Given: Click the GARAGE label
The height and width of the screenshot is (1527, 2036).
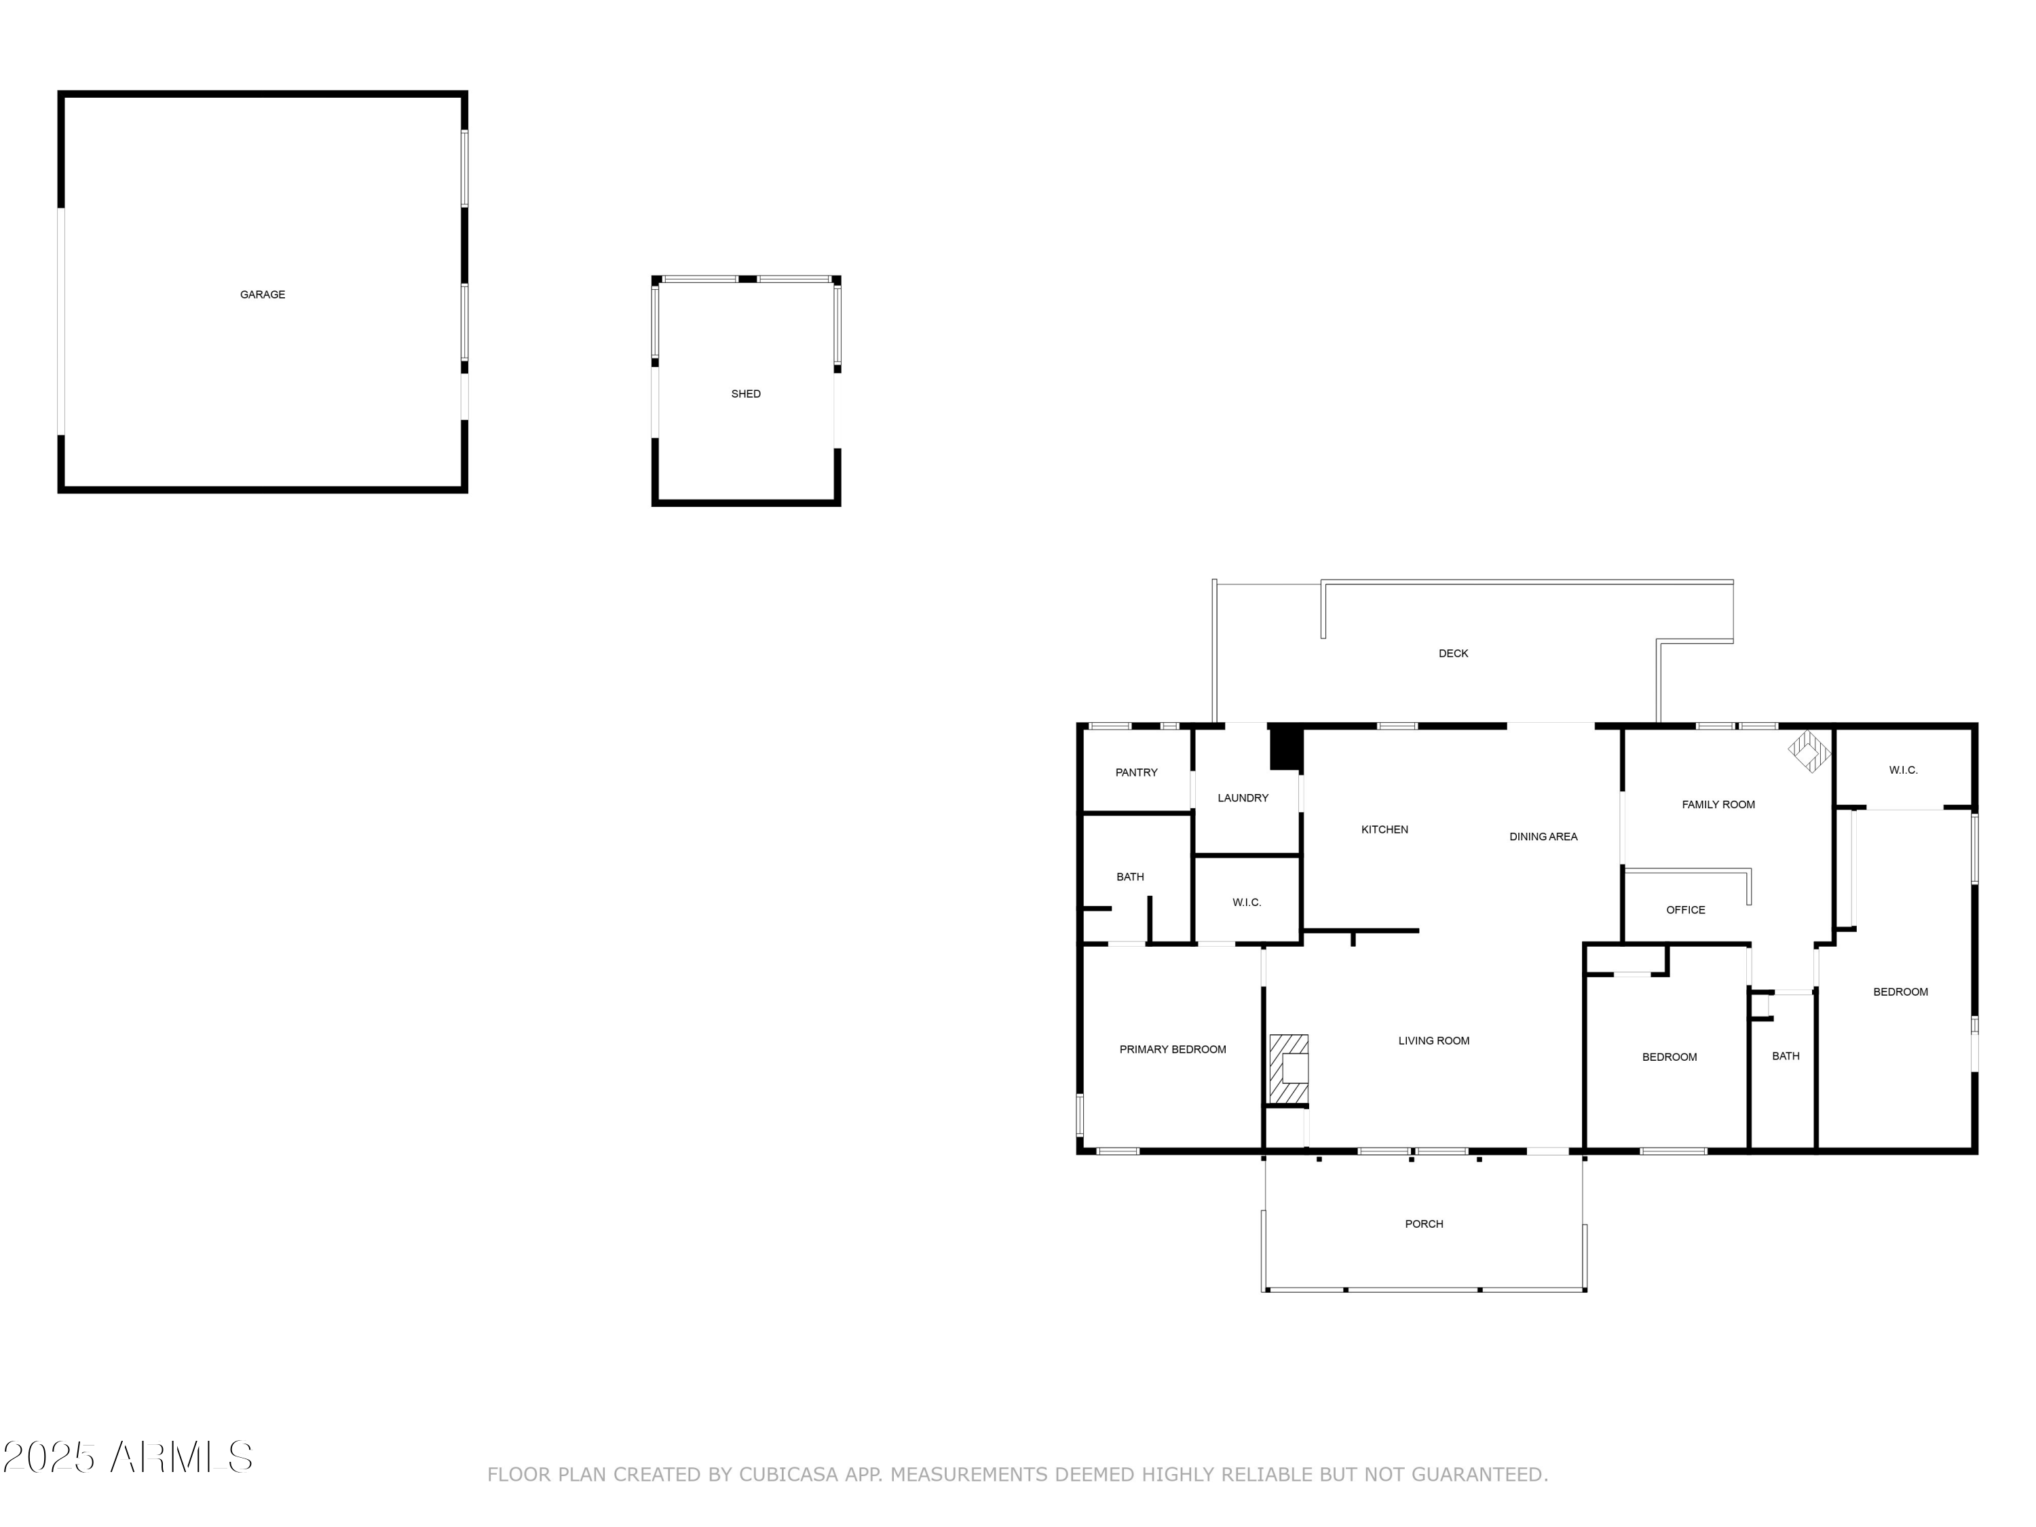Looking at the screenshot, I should [263, 295].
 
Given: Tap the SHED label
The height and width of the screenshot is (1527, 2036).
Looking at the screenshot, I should [746, 394].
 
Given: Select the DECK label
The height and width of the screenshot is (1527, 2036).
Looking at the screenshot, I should [1454, 654].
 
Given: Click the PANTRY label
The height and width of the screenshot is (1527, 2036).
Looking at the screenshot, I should [1136, 772].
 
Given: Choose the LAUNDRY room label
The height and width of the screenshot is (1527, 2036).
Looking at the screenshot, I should [1243, 798].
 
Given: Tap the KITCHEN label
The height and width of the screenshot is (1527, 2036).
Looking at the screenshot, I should [1384, 829].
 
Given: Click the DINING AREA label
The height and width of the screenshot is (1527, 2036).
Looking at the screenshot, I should [1543, 837].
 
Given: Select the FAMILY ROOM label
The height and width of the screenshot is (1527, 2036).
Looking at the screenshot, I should [1718, 804].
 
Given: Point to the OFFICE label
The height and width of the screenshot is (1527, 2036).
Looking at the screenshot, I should [1685, 909].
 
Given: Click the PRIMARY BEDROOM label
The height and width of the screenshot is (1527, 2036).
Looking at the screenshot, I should [1173, 1049].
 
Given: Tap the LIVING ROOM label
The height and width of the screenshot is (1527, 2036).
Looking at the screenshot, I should [1434, 1041].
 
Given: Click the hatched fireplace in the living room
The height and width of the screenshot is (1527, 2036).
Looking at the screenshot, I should [1289, 1070].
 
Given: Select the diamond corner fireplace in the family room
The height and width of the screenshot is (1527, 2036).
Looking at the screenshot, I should [1809, 751].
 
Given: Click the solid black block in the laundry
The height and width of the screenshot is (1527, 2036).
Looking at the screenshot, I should [1286, 749].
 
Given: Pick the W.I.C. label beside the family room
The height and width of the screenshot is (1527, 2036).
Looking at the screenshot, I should [1904, 770].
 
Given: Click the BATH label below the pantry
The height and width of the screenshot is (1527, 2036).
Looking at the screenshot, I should [1130, 877].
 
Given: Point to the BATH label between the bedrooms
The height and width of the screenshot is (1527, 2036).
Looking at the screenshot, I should [1786, 1056].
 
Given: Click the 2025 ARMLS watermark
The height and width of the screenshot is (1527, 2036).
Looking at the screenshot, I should [128, 1457].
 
